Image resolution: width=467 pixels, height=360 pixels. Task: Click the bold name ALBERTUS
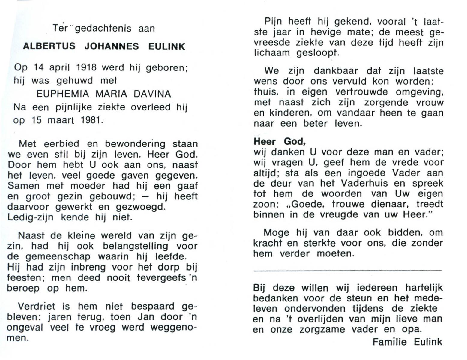point(49,46)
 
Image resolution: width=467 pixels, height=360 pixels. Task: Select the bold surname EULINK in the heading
point(167,46)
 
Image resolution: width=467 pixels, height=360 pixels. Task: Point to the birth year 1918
point(86,67)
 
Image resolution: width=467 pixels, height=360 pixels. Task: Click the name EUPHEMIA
point(63,94)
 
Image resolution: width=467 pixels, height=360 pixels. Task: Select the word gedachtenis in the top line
point(103,28)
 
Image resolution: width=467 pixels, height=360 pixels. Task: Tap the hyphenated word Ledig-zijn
point(30,217)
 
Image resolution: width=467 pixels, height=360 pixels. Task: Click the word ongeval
point(25,328)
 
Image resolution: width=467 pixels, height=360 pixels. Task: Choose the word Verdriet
point(37,306)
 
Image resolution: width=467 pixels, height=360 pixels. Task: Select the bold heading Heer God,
point(280,141)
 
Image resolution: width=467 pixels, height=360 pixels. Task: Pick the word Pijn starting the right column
point(273,22)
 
